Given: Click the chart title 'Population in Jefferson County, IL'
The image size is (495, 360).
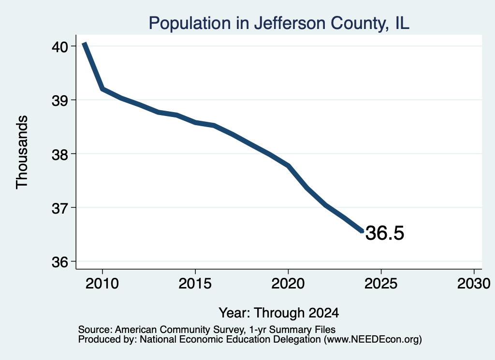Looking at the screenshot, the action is coord(279,23).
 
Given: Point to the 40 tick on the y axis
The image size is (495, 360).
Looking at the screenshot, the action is coord(59,47).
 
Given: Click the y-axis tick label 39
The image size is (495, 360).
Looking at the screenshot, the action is coord(59,101).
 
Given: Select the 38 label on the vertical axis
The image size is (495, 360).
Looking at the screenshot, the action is coord(59,154).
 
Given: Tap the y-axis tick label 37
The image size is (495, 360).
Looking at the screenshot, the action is coord(59,208).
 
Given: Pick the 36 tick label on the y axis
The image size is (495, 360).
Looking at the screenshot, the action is coord(59,262).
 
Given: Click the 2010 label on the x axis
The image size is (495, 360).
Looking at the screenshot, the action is coord(102,283).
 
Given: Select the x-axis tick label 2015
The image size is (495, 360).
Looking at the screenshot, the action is coord(195,283).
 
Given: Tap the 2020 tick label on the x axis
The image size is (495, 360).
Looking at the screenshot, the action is coord(288,283).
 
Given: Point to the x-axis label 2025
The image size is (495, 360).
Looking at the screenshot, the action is coord(381,283).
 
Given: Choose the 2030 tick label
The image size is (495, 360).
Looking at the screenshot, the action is coord(474,283).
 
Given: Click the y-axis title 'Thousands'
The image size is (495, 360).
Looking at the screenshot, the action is coord(22,152).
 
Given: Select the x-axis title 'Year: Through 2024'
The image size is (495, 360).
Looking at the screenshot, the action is coord(279,313).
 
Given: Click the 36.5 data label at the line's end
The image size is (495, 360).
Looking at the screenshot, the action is coord(384,233).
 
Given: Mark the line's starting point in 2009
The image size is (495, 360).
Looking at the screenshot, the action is coord(84,43).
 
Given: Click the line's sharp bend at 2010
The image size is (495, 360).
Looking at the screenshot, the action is coord(102,89).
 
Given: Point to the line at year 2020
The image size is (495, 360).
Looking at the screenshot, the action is coord(288,166).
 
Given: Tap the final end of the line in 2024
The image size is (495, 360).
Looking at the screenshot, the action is coord(362,231).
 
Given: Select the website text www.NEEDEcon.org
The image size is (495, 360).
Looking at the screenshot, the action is coord(373,339).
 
